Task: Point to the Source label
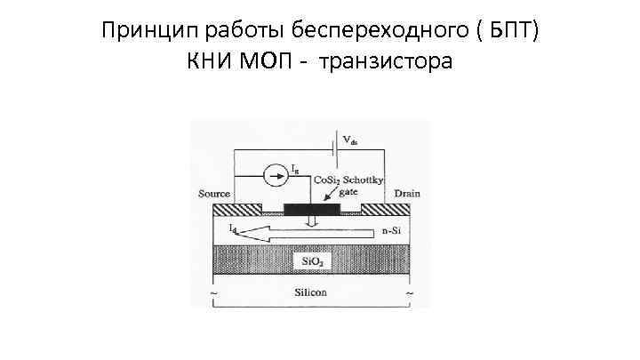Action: pyautogui.click(x=212, y=193)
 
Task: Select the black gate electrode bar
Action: pyautogui.click(x=311, y=210)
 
